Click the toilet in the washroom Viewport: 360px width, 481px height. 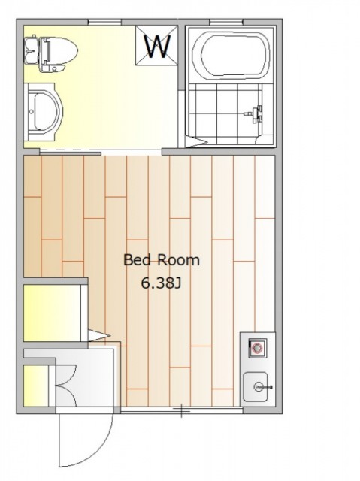[x=50, y=53]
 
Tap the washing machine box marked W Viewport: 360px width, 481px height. [x=156, y=45]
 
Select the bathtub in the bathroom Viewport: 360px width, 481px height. [x=231, y=54]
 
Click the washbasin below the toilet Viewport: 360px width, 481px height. [x=43, y=112]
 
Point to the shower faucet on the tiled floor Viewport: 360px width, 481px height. [x=255, y=114]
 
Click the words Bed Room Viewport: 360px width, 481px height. [x=162, y=260]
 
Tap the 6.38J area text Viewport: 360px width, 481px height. [x=161, y=284]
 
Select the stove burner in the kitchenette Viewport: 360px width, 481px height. [x=257, y=348]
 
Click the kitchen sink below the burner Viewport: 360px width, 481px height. [x=256, y=387]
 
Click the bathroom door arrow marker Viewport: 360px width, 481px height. [x=197, y=142]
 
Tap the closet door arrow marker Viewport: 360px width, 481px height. [x=99, y=335]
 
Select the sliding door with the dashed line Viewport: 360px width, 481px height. [x=70, y=152]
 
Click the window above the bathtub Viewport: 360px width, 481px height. [x=226, y=22]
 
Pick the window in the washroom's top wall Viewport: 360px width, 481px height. [x=105, y=22]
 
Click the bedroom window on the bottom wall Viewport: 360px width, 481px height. [x=182, y=410]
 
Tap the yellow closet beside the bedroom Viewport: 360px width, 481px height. [x=52, y=313]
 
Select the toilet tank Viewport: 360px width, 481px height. [x=32, y=50]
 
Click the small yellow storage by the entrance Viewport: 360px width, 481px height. [x=36, y=386]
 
